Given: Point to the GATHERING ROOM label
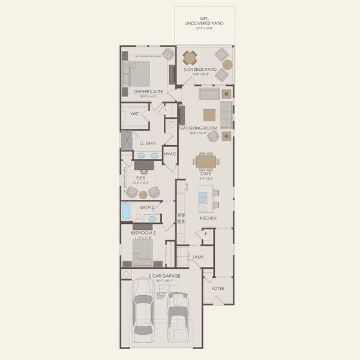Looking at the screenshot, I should click(197, 128).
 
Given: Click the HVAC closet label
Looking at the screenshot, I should click(169, 154).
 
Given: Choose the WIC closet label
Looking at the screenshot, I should click(134, 113).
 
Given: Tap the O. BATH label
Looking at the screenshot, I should click(148, 143).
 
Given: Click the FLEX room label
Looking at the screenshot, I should click(142, 178).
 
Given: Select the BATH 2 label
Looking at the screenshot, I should click(148, 207).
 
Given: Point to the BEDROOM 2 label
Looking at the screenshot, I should click(143, 232).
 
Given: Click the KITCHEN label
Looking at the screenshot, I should click(208, 218).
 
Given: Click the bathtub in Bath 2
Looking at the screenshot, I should click(126, 211).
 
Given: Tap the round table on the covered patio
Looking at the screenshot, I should click(190, 58).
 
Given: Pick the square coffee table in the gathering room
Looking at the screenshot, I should click(209, 115).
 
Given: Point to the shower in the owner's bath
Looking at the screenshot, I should click(128, 140).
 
